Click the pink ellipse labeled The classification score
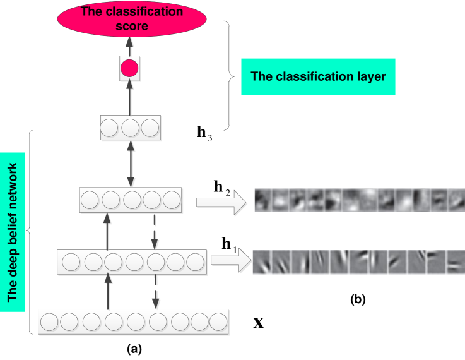[x=132, y=19]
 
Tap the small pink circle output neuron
[x=129, y=68]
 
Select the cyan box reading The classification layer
[x=318, y=76]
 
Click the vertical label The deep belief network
[x=13, y=232]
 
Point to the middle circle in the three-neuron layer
[x=130, y=128]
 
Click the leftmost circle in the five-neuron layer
[x=90, y=201]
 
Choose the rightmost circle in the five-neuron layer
[x=172, y=201]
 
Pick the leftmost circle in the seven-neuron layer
[x=71, y=261]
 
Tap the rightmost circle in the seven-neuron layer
[x=196, y=261]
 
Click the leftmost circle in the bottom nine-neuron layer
[x=49, y=322]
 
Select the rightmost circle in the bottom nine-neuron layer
[x=218, y=322]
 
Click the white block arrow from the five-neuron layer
[x=221, y=202]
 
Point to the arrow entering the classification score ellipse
[x=129, y=45]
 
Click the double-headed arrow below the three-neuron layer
[x=131, y=164]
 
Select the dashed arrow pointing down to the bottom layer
[x=155, y=292]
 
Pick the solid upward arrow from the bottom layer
[x=108, y=292]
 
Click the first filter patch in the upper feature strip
[x=263, y=200]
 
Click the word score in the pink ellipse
[x=132, y=27]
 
